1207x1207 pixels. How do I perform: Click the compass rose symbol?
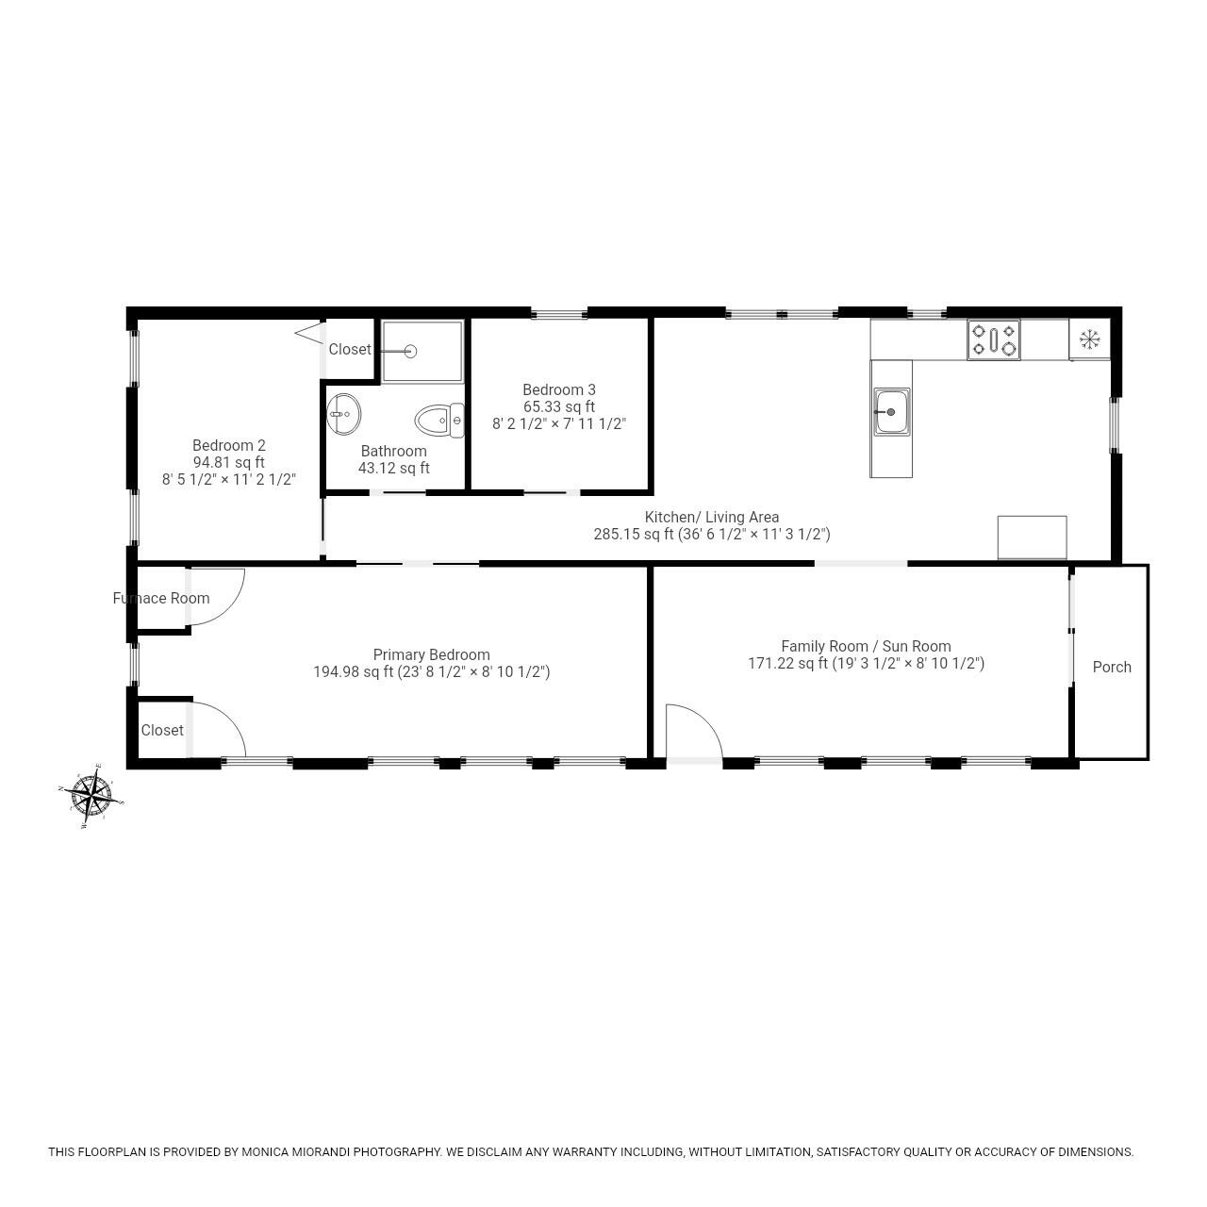pyautogui.click(x=91, y=794)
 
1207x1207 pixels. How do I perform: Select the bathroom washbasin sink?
pyautogui.click(x=344, y=412)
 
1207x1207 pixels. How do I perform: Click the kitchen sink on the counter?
pyautogui.click(x=891, y=412)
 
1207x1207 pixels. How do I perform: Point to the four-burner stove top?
pyautogui.click(x=994, y=339)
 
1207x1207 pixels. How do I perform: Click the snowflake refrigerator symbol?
pyautogui.click(x=1089, y=339)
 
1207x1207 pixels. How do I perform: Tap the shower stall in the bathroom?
pyautogui.click(x=422, y=351)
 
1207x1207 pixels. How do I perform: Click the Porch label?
pyautogui.click(x=1111, y=667)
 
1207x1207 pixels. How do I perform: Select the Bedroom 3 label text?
pyautogui.click(x=559, y=389)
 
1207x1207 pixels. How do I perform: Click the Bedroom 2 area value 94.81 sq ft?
pyautogui.click(x=229, y=462)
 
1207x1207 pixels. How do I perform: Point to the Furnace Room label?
pyautogui.click(x=161, y=598)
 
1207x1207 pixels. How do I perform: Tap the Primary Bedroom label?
pyautogui.click(x=431, y=654)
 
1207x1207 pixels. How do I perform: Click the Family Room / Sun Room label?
pyautogui.click(x=866, y=646)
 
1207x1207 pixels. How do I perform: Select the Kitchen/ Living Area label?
pyautogui.click(x=711, y=517)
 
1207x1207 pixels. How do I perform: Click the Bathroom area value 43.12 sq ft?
pyautogui.click(x=393, y=468)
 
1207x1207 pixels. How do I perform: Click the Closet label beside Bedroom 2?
pyautogui.click(x=350, y=349)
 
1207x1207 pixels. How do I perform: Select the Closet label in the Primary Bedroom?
pyautogui.click(x=162, y=730)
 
